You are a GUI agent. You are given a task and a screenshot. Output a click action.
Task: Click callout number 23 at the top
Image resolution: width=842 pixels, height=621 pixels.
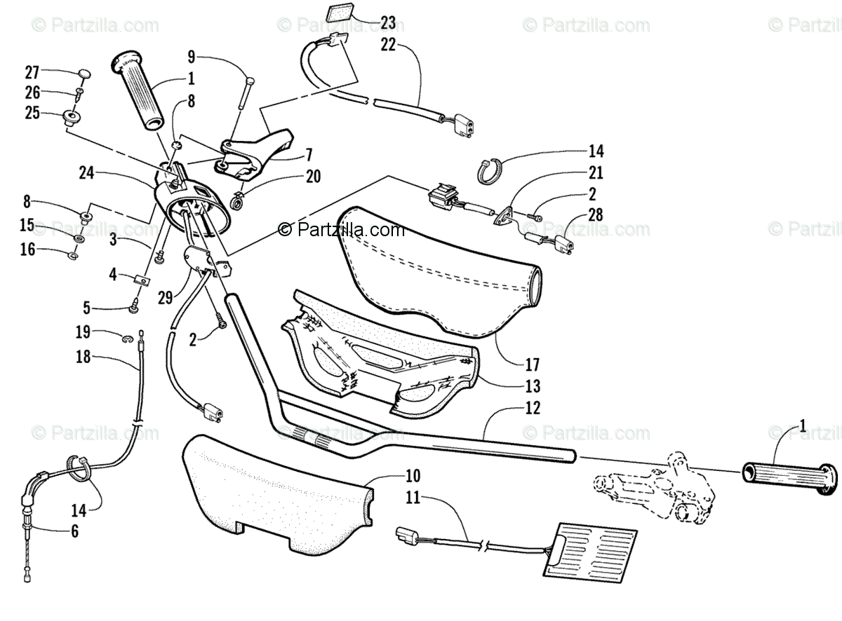coord(388,22)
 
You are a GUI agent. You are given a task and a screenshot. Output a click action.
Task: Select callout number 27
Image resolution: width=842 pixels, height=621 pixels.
coord(32,72)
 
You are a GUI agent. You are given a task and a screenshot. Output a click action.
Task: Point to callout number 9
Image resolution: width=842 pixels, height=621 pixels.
coord(192,57)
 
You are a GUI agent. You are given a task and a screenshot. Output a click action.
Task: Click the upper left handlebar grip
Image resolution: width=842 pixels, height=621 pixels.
coord(138,93)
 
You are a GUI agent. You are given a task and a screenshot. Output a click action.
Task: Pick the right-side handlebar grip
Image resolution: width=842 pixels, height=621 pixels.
coord(789,478)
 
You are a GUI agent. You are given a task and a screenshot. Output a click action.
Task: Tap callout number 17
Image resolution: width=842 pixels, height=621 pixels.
coord(533,365)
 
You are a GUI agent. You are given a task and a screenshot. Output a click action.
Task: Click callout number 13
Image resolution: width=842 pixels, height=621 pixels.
coord(533,386)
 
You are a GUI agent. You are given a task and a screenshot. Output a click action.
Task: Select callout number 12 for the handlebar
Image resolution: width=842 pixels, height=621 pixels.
coord(533,408)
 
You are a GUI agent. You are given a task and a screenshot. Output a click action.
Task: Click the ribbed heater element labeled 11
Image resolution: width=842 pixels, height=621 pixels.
coord(591,552)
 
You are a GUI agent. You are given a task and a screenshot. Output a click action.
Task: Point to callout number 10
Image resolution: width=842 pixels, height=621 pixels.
coord(413,476)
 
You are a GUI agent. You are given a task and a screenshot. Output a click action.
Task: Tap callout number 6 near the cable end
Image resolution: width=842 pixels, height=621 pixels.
coord(75,531)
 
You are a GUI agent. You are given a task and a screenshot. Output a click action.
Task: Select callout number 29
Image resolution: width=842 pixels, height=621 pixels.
coord(165,298)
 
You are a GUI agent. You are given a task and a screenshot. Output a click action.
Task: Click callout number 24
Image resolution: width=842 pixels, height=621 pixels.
coord(86,173)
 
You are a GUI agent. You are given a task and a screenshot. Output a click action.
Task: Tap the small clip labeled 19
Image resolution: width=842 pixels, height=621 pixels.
coord(128,338)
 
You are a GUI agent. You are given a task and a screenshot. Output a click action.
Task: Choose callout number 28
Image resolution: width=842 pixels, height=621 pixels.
coord(595,214)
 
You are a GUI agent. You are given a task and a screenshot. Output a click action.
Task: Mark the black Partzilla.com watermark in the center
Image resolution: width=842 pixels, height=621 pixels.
coord(341,230)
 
